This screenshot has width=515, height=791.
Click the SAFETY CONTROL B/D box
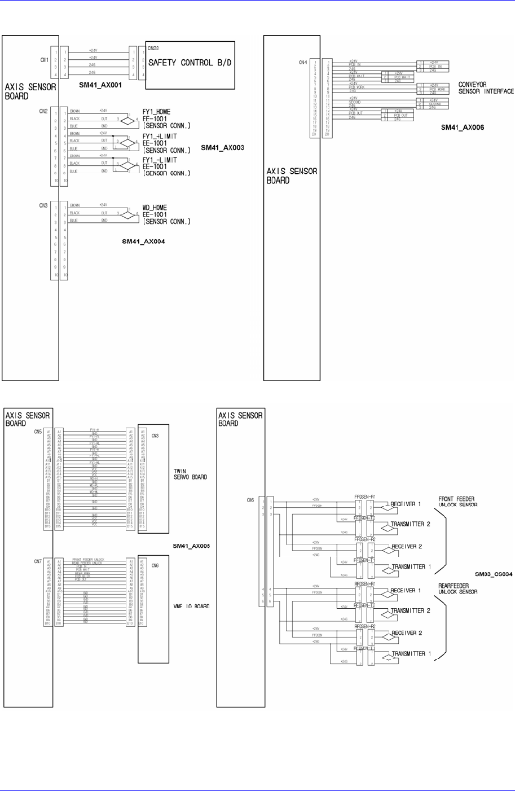pos(190,64)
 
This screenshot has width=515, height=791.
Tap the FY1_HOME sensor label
pos(156,112)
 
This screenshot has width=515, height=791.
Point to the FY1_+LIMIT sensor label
pos(160,137)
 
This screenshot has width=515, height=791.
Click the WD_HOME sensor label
pos(155,208)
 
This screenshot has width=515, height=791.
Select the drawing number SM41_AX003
pos(222,148)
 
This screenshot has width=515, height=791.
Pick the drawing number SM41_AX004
pos(143,241)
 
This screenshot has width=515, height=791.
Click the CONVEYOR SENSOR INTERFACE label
pos(486,88)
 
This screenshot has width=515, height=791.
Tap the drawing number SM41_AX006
pos(462,128)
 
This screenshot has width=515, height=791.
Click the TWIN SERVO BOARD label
pos(190,473)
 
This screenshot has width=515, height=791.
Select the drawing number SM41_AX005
pos(191,546)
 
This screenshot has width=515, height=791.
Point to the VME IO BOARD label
pos(191,606)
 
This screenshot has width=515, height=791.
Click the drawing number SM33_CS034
pos(494,574)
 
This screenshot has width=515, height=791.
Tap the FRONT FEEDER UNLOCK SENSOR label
pos(457,502)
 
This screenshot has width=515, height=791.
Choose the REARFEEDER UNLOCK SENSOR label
pos(457,588)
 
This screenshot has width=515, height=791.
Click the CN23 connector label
pos(153,49)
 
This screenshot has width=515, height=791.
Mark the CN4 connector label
pos(303,63)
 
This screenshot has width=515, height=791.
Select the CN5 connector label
pos(38,432)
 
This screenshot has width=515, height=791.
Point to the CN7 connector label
pos(38,561)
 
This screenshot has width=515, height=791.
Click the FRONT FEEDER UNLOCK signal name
pos(88,559)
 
